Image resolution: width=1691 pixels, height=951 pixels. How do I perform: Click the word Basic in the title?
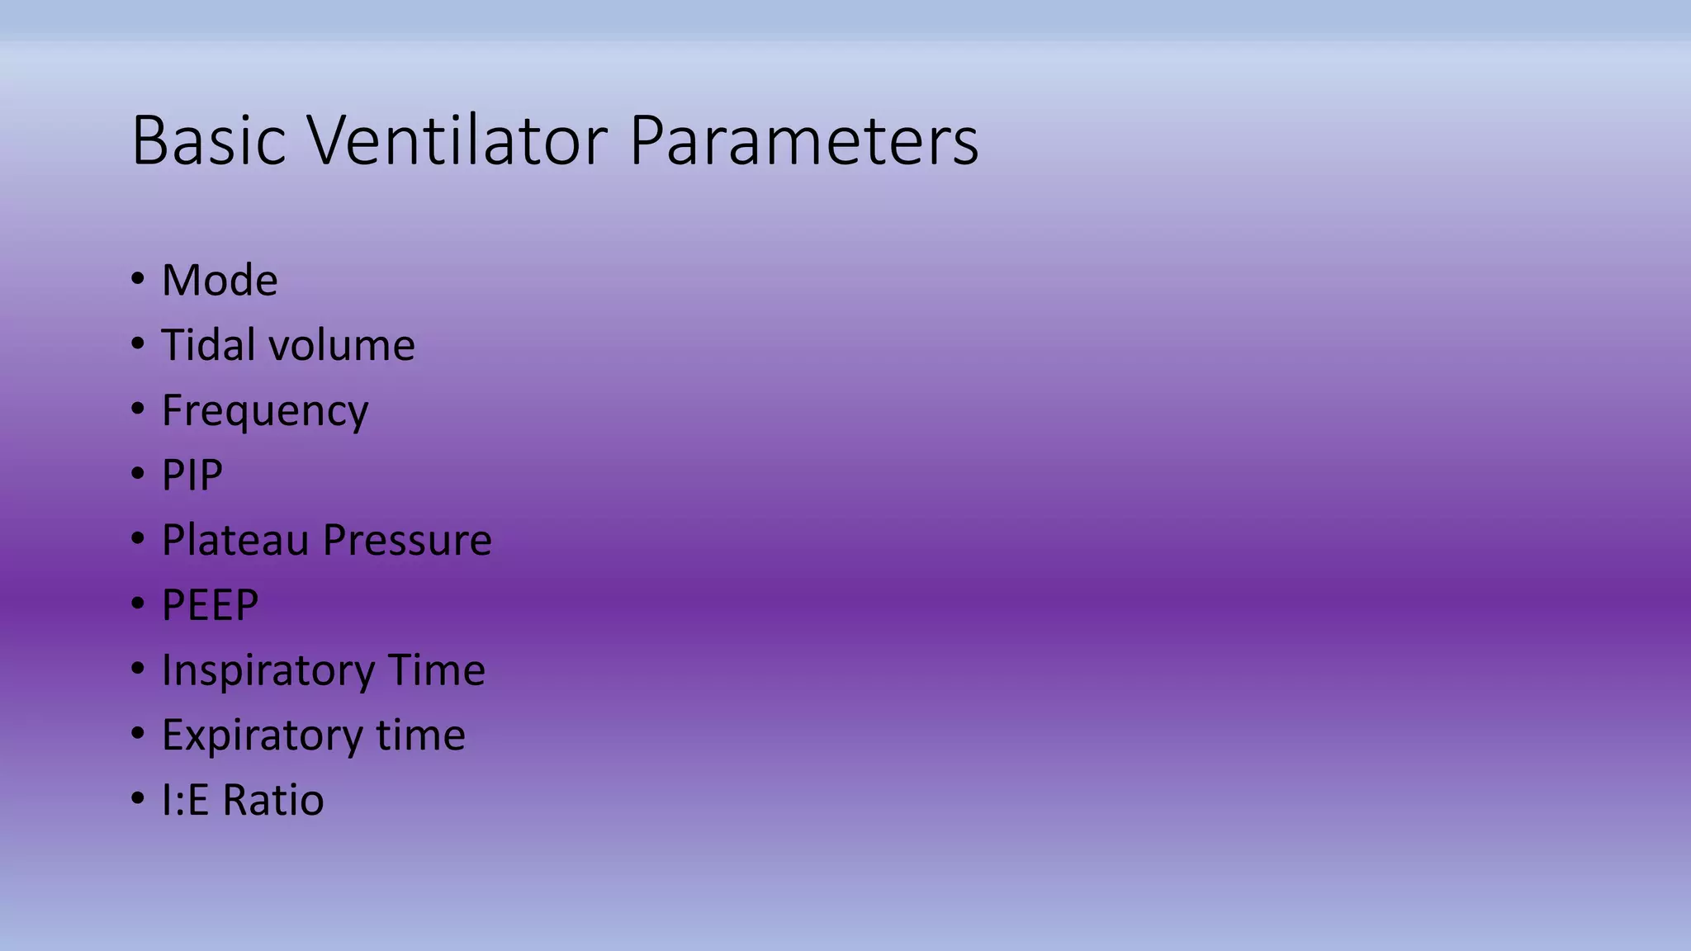(208, 140)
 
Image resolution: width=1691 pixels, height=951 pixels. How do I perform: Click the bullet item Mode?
(220, 280)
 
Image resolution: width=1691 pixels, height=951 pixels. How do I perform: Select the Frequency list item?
(264, 411)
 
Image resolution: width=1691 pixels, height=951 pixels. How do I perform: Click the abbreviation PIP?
(192, 475)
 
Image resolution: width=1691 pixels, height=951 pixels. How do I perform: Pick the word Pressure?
(407, 540)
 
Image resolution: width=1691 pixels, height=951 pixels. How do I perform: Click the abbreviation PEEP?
(210, 605)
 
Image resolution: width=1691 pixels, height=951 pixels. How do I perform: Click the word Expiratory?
(262, 736)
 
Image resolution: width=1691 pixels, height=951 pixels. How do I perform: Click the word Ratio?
(273, 800)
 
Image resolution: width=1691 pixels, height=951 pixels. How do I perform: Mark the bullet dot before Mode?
(137, 278)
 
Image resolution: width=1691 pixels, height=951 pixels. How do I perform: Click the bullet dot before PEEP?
(137, 603)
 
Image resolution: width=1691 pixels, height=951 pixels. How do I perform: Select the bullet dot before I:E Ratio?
(137, 798)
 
